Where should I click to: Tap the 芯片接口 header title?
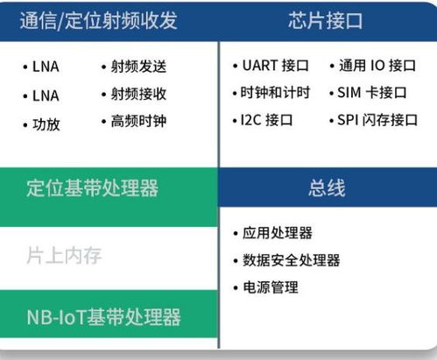[x=326, y=20]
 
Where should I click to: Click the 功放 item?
[x=46, y=124]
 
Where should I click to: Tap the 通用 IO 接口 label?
[x=377, y=67]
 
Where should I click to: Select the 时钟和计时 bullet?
[x=273, y=93]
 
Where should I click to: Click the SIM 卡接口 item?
[x=372, y=93]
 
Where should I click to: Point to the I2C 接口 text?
[x=268, y=120]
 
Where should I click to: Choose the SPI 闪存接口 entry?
[x=377, y=120]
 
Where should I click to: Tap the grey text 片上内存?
[x=65, y=256]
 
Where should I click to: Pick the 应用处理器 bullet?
[x=277, y=233]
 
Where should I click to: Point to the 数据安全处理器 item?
[x=291, y=260]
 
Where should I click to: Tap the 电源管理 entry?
[x=270, y=287]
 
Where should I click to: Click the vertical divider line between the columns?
[x=219, y=263]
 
